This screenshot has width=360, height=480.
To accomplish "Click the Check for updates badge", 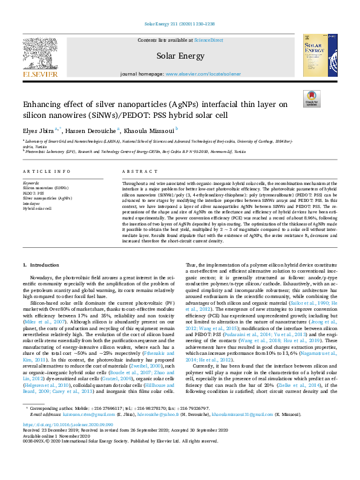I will (312, 99).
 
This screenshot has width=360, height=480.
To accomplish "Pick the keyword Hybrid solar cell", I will (37, 208).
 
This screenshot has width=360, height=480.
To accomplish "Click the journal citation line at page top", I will (180, 7).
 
